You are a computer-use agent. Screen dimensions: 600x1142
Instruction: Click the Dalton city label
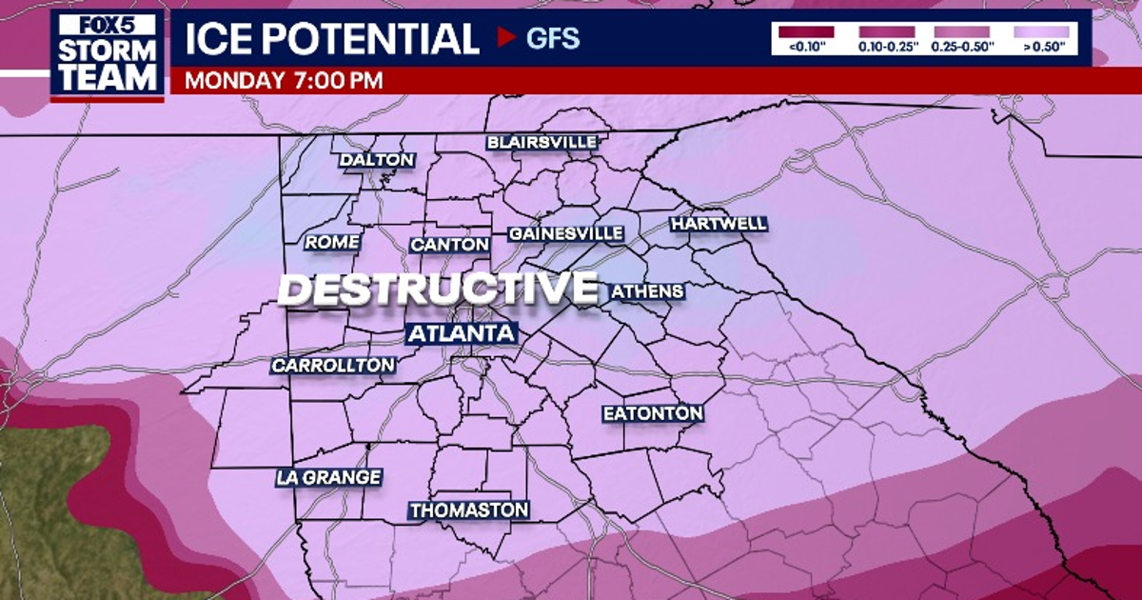(377, 160)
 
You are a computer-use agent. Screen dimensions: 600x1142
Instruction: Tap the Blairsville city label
(541, 142)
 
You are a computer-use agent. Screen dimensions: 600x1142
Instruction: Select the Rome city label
(332, 243)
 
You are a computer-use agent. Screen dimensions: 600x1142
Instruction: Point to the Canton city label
(450, 245)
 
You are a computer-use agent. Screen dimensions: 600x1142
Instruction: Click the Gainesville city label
(566, 233)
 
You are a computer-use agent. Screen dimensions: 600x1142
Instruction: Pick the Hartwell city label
(719, 224)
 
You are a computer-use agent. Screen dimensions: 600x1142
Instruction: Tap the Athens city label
(647, 291)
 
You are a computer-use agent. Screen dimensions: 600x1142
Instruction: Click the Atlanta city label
(462, 333)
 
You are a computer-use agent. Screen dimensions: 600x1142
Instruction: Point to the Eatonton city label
(653, 413)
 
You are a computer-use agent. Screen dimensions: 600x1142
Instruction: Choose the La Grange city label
(329, 477)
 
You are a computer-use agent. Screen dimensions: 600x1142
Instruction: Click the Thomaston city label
(469, 510)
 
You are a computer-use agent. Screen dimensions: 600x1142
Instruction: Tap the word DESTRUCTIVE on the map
(438, 290)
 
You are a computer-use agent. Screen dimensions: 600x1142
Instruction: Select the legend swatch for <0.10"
(805, 31)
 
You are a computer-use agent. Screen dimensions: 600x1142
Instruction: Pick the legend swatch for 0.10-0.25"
(886, 31)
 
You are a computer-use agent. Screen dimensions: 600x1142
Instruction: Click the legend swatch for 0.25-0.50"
(962, 31)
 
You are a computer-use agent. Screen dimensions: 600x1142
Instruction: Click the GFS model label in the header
(552, 39)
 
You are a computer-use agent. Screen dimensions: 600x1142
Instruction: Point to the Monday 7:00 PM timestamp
(284, 80)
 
